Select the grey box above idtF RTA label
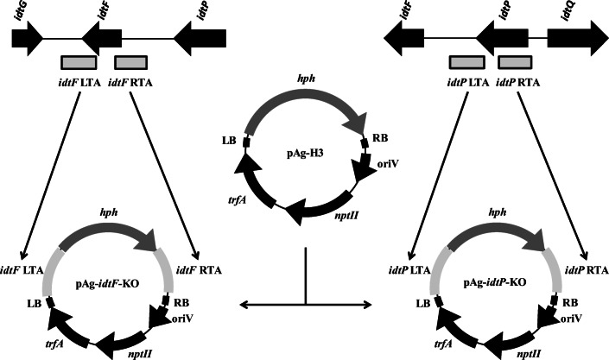coord(130,63)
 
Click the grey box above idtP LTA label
coord(466,63)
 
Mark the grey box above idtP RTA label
coord(516,63)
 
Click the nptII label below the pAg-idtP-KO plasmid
coord(530,353)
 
